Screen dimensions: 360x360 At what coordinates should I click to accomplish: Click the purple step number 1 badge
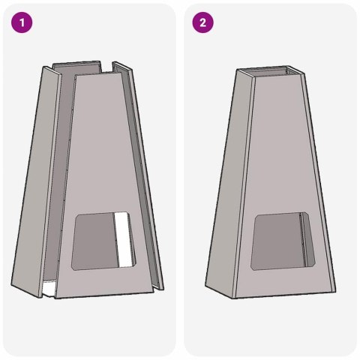pyautogui.click(x=22, y=22)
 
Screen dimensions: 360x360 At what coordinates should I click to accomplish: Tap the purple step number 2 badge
pyautogui.click(x=202, y=22)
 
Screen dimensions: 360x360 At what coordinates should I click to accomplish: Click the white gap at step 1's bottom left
pyautogui.click(x=46, y=287)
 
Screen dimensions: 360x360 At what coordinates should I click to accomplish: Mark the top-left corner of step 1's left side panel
pyautogui.click(x=46, y=66)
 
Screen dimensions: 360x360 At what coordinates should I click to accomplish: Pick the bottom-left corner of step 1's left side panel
pyautogui.click(x=12, y=285)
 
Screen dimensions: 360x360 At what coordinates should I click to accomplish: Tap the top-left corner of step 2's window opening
pyautogui.click(x=257, y=216)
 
